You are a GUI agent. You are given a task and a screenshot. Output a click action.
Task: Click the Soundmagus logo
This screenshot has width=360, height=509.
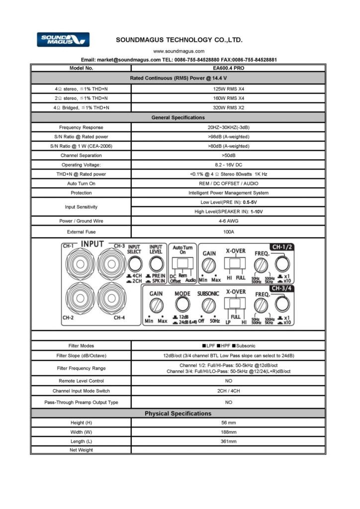click(63, 39)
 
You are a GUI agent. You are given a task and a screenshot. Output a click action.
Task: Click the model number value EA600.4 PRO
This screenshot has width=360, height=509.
click(228, 68)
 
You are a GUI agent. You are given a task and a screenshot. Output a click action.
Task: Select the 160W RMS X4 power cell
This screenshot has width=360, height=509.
click(228, 98)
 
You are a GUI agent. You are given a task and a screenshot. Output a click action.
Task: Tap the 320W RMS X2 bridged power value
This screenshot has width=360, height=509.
click(228, 107)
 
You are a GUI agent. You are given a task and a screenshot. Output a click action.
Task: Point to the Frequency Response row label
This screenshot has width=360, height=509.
click(81, 127)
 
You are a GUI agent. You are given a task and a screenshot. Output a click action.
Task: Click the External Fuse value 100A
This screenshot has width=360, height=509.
click(228, 232)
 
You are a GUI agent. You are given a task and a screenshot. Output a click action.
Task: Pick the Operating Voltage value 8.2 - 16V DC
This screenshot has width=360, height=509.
click(228, 165)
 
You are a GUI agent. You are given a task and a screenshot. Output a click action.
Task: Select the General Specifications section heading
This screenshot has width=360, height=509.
click(178, 117)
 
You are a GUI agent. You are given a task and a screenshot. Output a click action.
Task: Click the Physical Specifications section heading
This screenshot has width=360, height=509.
click(178, 414)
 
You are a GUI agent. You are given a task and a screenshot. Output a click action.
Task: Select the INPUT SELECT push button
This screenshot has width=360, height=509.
click(134, 261)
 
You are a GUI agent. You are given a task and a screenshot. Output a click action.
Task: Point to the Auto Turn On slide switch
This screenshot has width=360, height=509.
click(182, 263)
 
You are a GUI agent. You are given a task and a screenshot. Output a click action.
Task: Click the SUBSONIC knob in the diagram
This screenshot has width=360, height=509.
click(208, 304)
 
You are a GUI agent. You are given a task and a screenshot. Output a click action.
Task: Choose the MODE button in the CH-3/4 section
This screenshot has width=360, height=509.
click(182, 304)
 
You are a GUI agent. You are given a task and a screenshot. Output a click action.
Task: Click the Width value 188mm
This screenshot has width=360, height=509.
click(228, 432)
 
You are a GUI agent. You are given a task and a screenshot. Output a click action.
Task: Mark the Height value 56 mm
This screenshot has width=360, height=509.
click(228, 423)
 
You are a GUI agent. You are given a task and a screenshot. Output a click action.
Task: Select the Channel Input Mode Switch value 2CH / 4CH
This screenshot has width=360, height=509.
click(228, 391)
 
